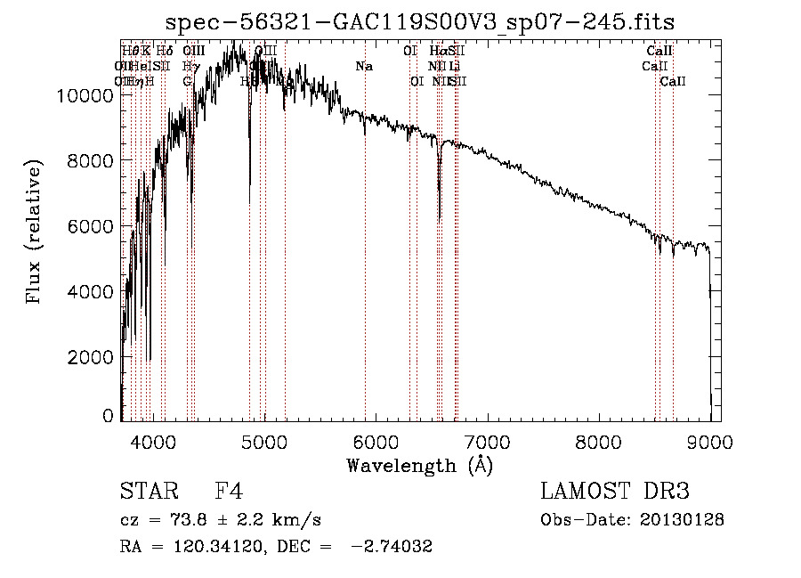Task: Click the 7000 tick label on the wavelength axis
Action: (486, 439)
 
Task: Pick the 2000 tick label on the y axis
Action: (90, 356)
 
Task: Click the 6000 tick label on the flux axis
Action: (90, 226)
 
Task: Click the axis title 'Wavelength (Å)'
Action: (419, 465)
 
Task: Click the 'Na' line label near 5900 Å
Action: (364, 66)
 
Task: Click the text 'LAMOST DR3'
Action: (615, 492)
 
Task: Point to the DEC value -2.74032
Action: (392, 547)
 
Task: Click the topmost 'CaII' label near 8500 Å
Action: (659, 51)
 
